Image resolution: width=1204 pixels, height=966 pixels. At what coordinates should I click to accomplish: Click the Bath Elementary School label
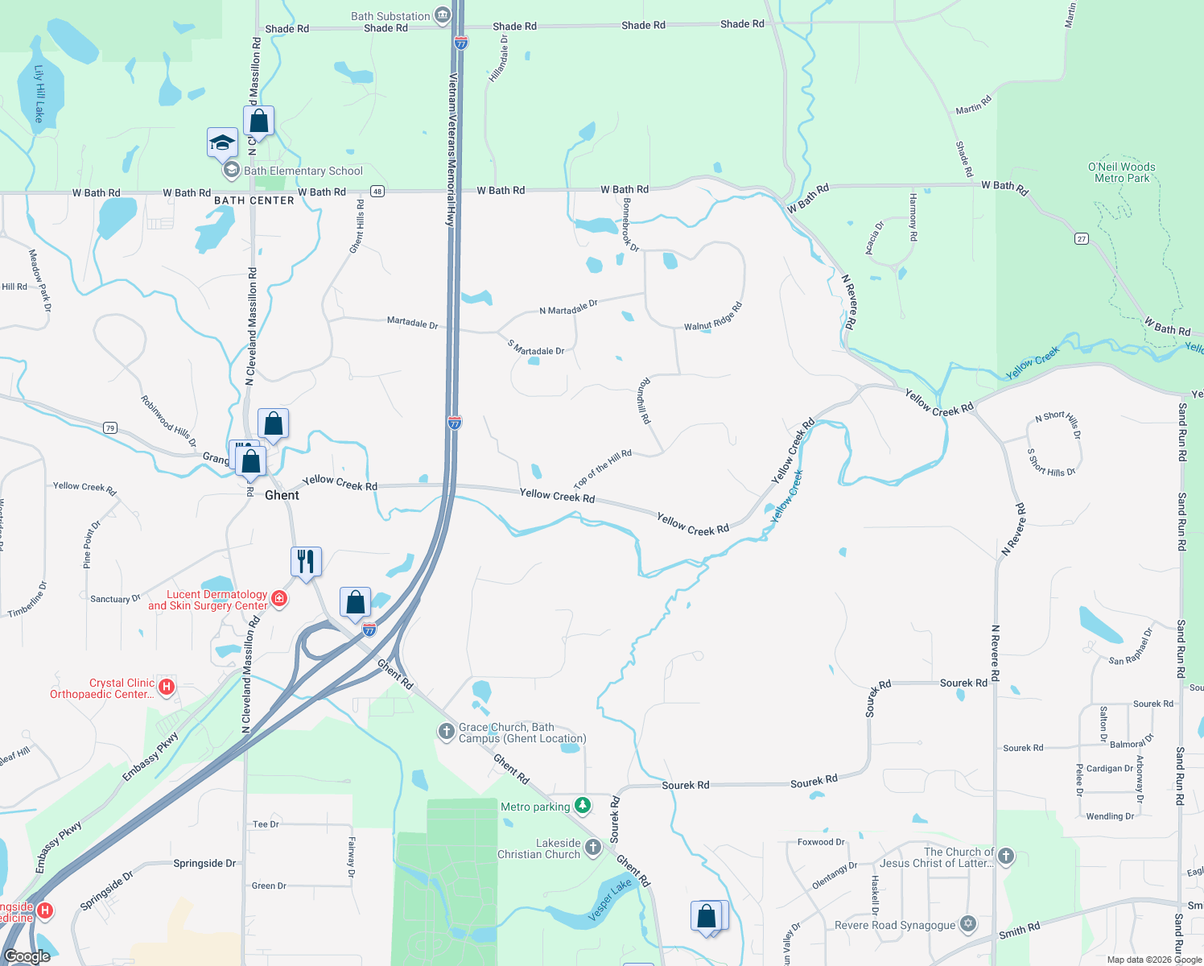tap(303, 171)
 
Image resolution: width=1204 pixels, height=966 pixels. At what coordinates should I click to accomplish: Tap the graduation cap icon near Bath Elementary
tap(222, 143)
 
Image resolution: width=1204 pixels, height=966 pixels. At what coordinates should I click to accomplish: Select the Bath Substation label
tap(390, 16)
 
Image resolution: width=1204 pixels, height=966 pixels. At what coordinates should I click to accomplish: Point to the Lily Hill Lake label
tap(39, 93)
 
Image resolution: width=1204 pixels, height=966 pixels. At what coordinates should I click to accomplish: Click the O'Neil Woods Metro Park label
tap(1122, 172)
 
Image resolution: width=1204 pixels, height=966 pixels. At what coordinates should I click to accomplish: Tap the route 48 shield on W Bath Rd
tap(377, 192)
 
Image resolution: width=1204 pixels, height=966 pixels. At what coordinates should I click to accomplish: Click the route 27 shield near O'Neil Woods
tap(1082, 238)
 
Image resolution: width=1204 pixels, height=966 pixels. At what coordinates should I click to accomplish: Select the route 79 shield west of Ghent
tap(110, 427)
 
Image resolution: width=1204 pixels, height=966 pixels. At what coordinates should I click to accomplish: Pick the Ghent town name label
tap(282, 495)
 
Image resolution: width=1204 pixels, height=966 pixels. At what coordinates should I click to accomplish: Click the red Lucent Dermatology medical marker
tap(279, 598)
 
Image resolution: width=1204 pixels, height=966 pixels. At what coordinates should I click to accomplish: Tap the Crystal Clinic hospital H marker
tap(167, 686)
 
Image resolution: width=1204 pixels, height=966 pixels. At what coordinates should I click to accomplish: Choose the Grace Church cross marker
tap(446, 731)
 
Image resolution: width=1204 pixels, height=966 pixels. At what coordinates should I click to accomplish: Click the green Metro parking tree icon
tap(583, 805)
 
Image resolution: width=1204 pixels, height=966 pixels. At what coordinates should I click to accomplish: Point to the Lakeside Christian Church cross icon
tap(592, 847)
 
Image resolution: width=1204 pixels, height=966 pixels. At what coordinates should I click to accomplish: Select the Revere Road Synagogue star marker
tap(968, 923)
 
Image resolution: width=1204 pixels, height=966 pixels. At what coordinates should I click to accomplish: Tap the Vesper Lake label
tap(610, 901)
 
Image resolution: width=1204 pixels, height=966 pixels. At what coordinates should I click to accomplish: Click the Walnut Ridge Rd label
tap(713, 317)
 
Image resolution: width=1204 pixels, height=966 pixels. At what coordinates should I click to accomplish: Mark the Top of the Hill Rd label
tap(603, 469)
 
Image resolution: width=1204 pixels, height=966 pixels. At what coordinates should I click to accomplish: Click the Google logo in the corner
tap(27, 956)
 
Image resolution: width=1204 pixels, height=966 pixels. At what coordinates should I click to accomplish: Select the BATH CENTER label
tap(254, 200)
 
